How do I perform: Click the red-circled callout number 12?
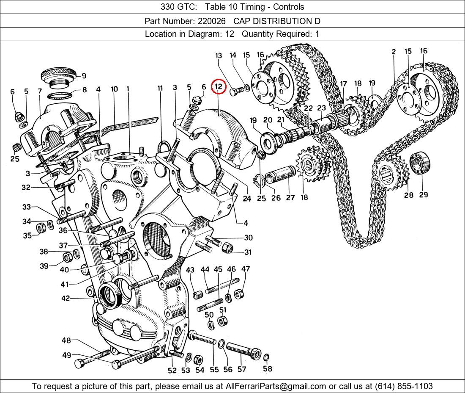[x=219, y=87]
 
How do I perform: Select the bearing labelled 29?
[x=419, y=162]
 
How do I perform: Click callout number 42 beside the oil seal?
[x=66, y=299]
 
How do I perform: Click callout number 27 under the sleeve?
[x=290, y=197]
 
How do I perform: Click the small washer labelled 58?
[x=266, y=358]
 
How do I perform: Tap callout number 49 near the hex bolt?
[x=66, y=355]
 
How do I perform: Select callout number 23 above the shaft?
[x=321, y=108]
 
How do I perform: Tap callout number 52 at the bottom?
[x=172, y=371]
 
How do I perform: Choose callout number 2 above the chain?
[x=394, y=52]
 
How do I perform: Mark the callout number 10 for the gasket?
[x=114, y=89]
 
